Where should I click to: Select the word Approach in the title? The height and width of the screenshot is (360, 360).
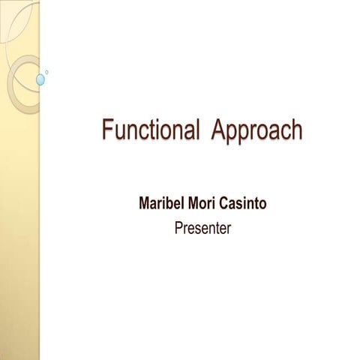click(257, 130)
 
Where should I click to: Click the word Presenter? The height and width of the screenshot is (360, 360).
click(202, 227)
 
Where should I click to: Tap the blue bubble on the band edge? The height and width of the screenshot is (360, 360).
click(41, 79)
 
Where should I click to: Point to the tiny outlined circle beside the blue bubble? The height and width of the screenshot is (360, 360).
click(48, 72)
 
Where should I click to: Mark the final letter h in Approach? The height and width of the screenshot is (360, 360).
click(297, 130)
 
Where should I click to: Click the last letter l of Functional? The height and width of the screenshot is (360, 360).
click(197, 130)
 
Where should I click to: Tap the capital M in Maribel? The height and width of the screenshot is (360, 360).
click(145, 204)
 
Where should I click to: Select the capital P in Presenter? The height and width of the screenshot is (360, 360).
click(178, 227)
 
